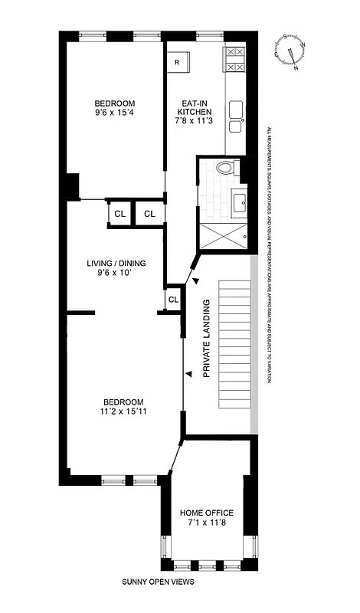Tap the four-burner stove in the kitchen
[234, 61]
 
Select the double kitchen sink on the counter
[235, 112]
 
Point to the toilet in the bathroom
[224, 169]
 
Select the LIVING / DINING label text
[116, 263]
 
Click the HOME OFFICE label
[207, 513]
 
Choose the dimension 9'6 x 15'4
[115, 114]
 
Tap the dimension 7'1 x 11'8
[207, 523]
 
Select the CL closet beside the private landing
[173, 300]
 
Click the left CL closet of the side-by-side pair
[119, 214]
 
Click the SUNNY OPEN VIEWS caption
[159, 582]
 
